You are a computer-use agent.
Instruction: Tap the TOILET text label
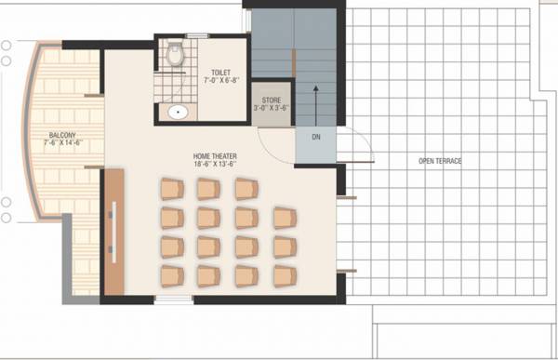[x=221, y=72]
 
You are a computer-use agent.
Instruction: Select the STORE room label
[x=272, y=99]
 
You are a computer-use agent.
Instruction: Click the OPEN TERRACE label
[x=440, y=162]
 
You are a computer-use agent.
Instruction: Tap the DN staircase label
[x=316, y=138]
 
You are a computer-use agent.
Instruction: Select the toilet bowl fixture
[x=173, y=57]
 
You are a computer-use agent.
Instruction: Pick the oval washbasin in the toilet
[x=176, y=113]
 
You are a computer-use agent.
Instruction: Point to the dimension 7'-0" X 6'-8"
[x=221, y=81]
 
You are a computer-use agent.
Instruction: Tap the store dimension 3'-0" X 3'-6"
[x=272, y=108]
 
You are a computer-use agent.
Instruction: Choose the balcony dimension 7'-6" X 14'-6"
[x=64, y=143]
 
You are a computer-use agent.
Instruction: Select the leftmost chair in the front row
[x=172, y=190]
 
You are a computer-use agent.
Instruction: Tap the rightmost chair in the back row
[x=284, y=277]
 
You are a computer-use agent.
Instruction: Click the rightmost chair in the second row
[x=284, y=218]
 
